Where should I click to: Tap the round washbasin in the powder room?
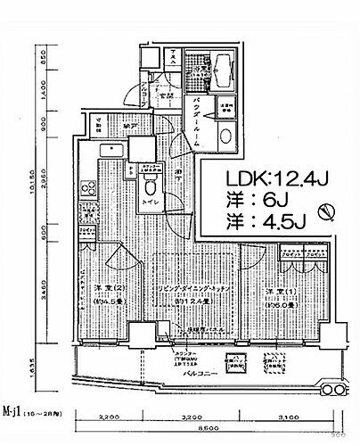(226, 136)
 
